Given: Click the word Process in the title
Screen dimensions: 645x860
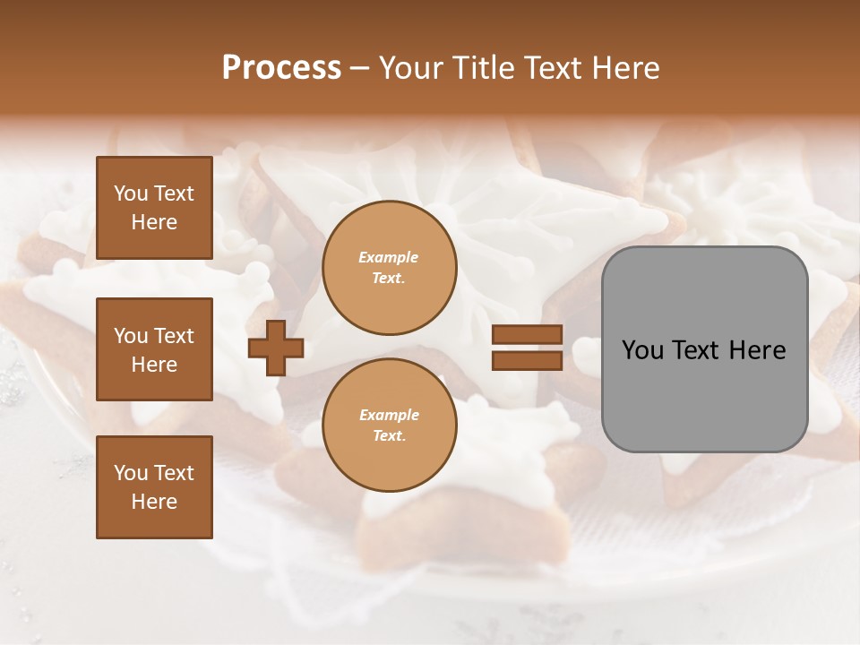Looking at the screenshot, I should (x=281, y=68).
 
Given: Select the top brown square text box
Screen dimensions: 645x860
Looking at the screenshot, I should (x=154, y=208).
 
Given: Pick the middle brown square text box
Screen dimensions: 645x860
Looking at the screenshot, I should (x=154, y=349).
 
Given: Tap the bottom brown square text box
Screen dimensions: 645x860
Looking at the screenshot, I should (x=154, y=487).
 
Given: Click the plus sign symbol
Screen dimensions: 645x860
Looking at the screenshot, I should (x=276, y=348).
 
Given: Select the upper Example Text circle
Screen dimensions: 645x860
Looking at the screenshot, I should (x=389, y=267).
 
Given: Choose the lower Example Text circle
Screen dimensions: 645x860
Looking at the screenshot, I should (x=389, y=425).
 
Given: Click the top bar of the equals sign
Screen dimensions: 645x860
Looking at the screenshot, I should (x=527, y=335).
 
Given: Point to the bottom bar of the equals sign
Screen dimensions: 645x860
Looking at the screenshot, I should (x=527, y=361).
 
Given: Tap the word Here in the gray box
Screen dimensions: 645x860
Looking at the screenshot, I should (x=757, y=350).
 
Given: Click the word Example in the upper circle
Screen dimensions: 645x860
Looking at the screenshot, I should (x=388, y=257).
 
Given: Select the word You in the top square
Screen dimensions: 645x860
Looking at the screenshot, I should (x=131, y=193).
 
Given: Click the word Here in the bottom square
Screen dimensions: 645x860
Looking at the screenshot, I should (x=154, y=502).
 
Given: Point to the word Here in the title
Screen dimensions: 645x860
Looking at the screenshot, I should (x=623, y=68).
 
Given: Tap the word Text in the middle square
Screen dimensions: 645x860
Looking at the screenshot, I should (x=174, y=336).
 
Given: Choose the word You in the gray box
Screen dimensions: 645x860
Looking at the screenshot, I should (x=641, y=350).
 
